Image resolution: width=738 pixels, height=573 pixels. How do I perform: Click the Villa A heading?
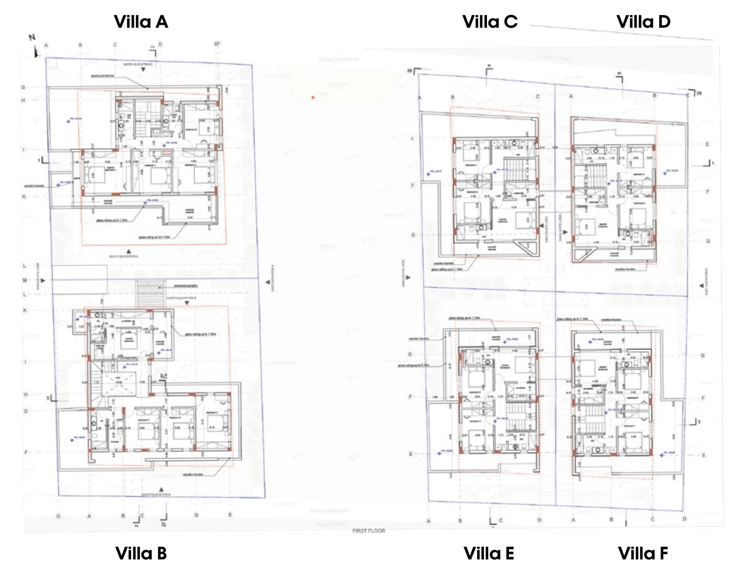click(x=141, y=22)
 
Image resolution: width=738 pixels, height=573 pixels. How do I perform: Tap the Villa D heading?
click(x=643, y=22)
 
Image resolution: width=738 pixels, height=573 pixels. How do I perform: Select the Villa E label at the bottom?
click(x=489, y=554)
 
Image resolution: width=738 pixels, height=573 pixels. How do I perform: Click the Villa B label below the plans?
click(x=141, y=554)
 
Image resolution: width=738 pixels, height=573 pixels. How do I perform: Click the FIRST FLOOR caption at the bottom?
click(x=369, y=531)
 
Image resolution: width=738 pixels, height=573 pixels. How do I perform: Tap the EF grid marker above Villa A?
click(x=217, y=44)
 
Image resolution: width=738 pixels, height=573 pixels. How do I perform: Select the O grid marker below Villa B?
click(x=58, y=516)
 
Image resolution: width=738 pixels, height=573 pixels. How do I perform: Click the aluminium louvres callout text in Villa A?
click(x=102, y=76)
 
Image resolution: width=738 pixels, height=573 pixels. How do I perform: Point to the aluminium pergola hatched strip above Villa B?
click(x=150, y=293)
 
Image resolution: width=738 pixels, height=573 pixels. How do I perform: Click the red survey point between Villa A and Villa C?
click(x=313, y=98)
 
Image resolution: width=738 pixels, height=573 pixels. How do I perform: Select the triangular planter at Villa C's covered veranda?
click(x=526, y=247)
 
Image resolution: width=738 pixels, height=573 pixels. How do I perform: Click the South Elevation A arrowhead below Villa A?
click(x=128, y=251)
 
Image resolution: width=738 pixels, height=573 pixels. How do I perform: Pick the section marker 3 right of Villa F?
click(x=693, y=422)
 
